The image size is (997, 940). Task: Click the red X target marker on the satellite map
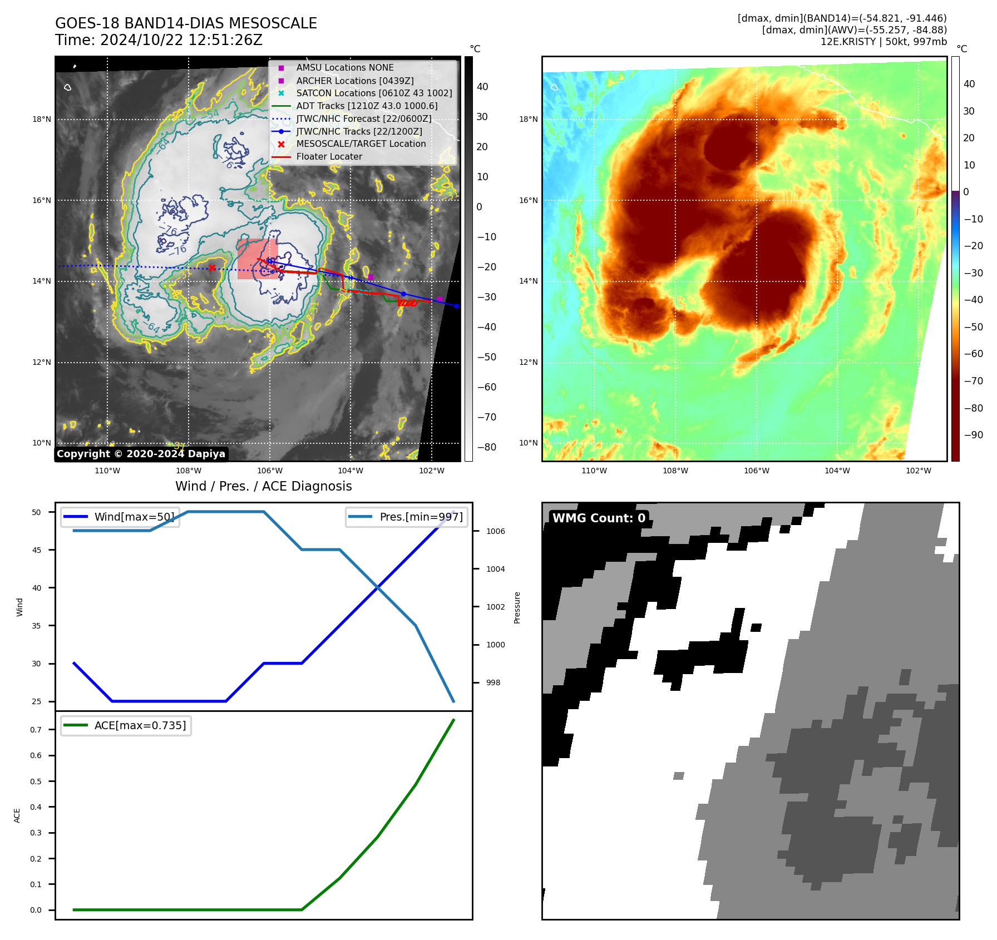tap(212, 268)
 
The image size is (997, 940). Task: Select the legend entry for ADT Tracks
tap(367, 106)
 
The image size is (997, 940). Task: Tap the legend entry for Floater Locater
tap(329, 157)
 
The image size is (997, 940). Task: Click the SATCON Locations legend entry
tap(374, 93)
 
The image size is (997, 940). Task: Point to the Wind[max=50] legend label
tap(134, 517)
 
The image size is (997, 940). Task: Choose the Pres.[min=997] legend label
tap(421, 517)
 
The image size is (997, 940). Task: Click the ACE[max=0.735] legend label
tap(140, 725)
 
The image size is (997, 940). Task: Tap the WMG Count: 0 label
tap(599, 518)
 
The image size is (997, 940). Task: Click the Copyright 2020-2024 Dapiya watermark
tap(141, 454)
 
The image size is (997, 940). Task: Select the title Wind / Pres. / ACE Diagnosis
tap(263, 486)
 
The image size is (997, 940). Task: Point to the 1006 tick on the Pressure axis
tap(495, 531)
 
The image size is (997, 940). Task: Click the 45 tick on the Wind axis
tap(37, 550)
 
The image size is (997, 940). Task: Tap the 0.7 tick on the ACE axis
tap(36, 730)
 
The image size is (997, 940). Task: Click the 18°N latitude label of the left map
tap(42, 119)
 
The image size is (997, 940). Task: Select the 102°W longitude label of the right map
tap(918, 471)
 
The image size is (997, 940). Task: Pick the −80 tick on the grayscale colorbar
tap(486, 447)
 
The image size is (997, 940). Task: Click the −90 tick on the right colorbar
tap(973, 435)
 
